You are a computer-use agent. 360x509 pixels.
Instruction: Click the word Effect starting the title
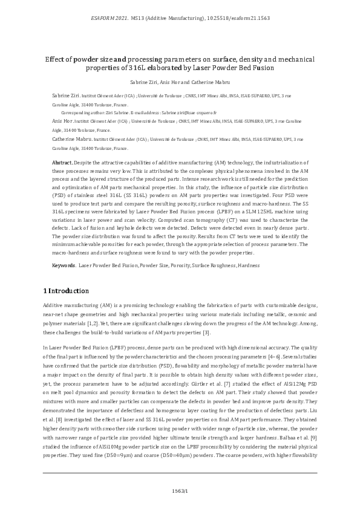(x=56, y=59)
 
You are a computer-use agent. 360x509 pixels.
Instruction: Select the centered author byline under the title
(x=180, y=81)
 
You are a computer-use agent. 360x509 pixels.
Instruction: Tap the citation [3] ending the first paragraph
(x=206, y=332)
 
